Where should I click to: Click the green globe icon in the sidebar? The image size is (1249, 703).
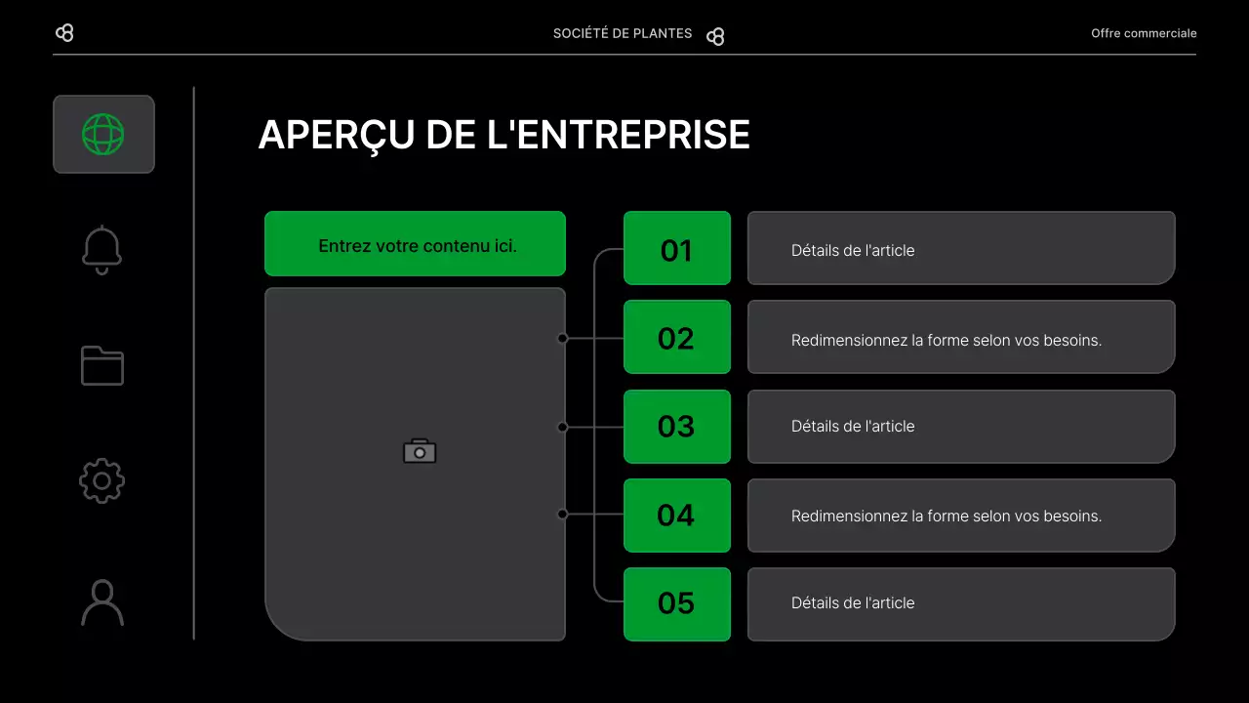coord(103,134)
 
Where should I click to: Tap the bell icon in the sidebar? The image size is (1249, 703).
coord(102,250)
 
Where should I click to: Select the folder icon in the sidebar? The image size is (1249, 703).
coord(102,366)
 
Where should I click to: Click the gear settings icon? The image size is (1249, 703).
coord(102,480)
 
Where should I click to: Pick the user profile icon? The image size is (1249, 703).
coord(102,602)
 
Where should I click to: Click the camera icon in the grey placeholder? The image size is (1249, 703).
coord(420,451)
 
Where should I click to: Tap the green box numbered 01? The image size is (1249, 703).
coord(676,249)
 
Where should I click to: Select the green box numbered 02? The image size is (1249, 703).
coord(676,338)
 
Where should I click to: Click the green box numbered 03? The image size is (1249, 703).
coord(676,427)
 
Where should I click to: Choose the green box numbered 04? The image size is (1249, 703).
coord(676,516)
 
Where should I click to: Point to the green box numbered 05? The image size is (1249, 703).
coord(676,603)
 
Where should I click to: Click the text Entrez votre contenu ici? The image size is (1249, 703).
coord(418,246)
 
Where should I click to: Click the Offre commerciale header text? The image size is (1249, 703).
coord(1144,33)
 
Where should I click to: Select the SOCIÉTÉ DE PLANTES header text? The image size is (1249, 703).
coord(623,33)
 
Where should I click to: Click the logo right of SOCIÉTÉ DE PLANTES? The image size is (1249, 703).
coord(715,36)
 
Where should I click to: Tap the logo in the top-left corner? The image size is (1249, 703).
coord(64,33)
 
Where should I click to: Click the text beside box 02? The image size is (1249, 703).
coord(946,340)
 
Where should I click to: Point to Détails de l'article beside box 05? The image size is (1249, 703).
coord(853,603)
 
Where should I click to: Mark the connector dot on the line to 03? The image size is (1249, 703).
coord(562,427)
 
